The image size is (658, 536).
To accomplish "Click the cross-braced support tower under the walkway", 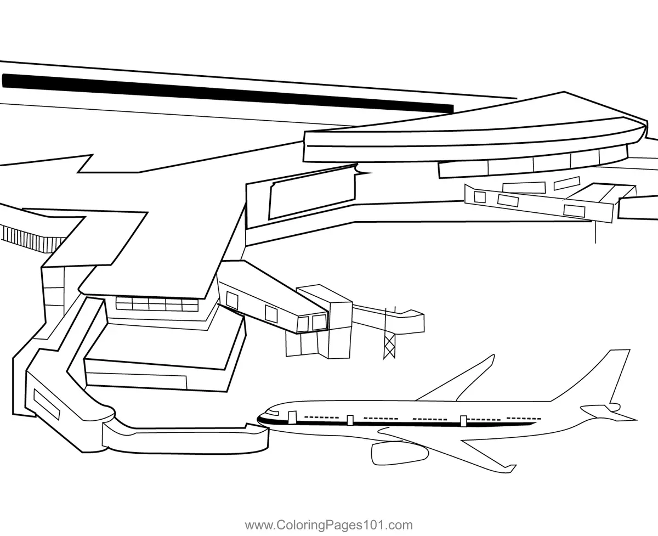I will [390, 346].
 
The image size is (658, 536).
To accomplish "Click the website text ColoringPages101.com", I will [328, 525].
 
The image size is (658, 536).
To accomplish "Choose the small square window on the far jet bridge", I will [480, 196].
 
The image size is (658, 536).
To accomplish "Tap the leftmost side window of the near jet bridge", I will [232, 300].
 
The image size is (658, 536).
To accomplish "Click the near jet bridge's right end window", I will [319, 323].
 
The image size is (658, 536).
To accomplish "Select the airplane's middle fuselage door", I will [350, 420].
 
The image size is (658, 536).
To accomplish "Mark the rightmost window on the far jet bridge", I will [574, 210].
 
